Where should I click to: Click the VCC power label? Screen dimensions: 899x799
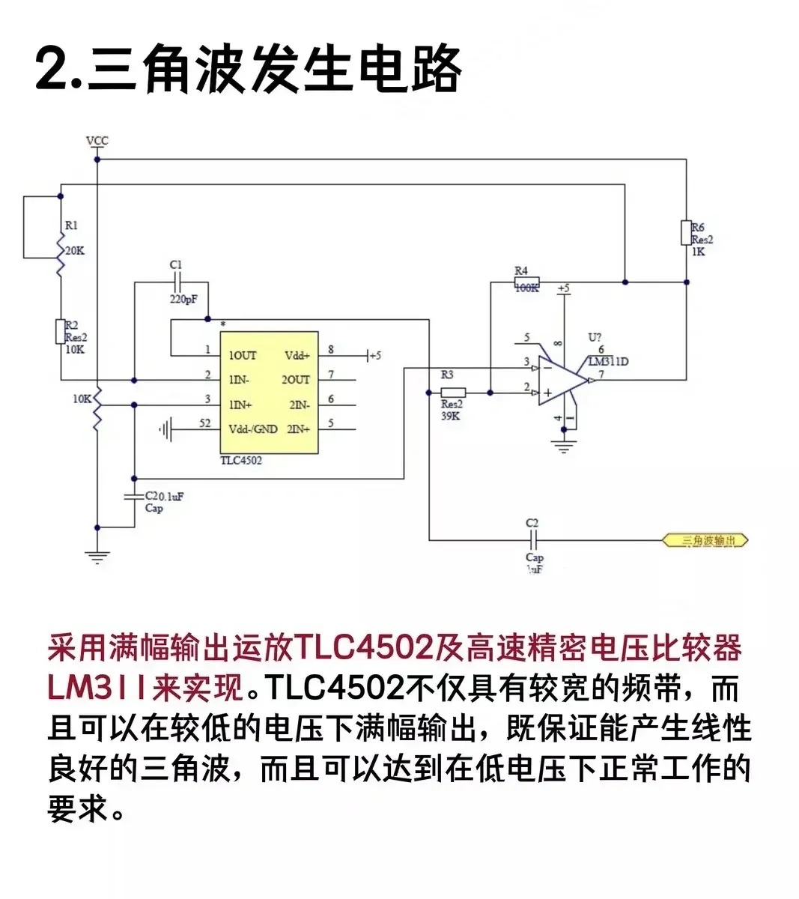point(97,141)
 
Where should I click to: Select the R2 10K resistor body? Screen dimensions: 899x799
point(61,331)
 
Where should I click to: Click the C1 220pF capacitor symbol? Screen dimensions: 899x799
point(177,283)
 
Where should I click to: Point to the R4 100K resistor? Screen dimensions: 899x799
point(525,283)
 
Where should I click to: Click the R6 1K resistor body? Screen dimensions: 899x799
point(685,232)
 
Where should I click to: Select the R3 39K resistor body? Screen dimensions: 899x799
point(452,392)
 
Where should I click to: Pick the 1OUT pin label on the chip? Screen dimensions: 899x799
point(243,355)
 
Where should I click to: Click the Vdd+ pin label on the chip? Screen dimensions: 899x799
point(297,355)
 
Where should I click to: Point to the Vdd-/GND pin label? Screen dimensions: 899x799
point(253,429)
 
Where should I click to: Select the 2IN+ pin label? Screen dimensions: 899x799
point(299,429)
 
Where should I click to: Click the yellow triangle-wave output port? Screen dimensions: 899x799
point(705,540)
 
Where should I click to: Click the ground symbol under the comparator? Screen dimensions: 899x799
point(564,448)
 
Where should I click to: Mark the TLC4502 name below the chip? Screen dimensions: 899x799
point(241,460)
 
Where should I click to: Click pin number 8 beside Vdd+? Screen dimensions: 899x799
point(331,349)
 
